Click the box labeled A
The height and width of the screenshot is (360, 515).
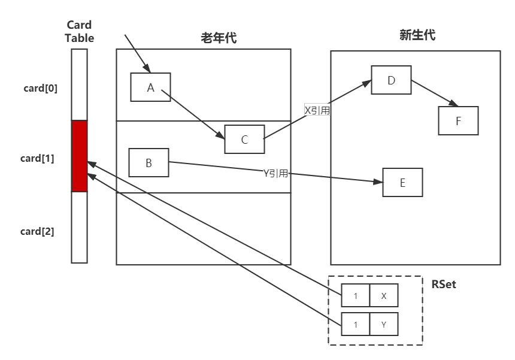pyautogui.click(x=150, y=87)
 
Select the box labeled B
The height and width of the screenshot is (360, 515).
pyautogui.click(x=149, y=162)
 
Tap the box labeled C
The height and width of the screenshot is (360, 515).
pyautogui.click(x=245, y=140)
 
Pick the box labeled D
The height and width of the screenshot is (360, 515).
pyautogui.click(x=391, y=80)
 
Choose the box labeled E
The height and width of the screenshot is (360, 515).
pyautogui.click(x=402, y=182)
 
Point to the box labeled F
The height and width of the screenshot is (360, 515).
pyautogui.click(x=459, y=120)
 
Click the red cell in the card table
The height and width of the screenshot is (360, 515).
pyautogui.click(x=80, y=156)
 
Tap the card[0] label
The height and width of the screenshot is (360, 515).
pyautogui.click(x=40, y=89)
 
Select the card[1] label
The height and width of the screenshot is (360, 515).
pyautogui.click(x=37, y=158)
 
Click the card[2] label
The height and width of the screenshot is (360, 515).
pyautogui.click(x=37, y=232)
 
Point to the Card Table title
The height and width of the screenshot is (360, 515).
pyautogui.click(x=79, y=32)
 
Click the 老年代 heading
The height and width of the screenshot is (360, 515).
pyautogui.click(x=219, y=38)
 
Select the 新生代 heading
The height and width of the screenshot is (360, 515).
pyautogui.click(x=417, y=35)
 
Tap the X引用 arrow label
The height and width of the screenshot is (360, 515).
pyautogui.click(x=317, y=110)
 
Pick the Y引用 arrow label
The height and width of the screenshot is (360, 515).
pyautogui.click(x=276, y=173)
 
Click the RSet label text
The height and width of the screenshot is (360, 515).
pyautogui.click(x=444, y=284)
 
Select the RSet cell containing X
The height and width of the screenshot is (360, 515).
pyautogui.click(x=384, y=295)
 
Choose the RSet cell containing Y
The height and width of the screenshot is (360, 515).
pyautogui.click(x=384, y=324)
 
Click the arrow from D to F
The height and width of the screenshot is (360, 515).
pyautogui.click(x=435, y=93)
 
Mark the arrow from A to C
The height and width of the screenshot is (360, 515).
pyautogui.click(x=193, y=114)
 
